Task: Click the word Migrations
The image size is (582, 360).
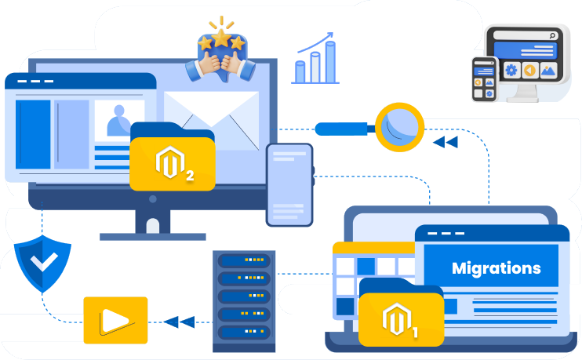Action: point(496,268)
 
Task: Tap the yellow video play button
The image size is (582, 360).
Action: point(115,320)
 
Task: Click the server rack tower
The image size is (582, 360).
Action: point(244,300)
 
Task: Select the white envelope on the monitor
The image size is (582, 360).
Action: point(211,118)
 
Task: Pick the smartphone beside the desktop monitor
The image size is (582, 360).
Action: point(289,184)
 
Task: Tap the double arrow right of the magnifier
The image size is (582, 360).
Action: point(445,142)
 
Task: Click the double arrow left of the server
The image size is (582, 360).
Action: point(180,321)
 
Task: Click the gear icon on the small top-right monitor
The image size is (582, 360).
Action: point(511,70)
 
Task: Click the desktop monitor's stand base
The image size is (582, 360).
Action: point(152,235)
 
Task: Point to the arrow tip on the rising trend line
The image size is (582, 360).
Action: point(331,35)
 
